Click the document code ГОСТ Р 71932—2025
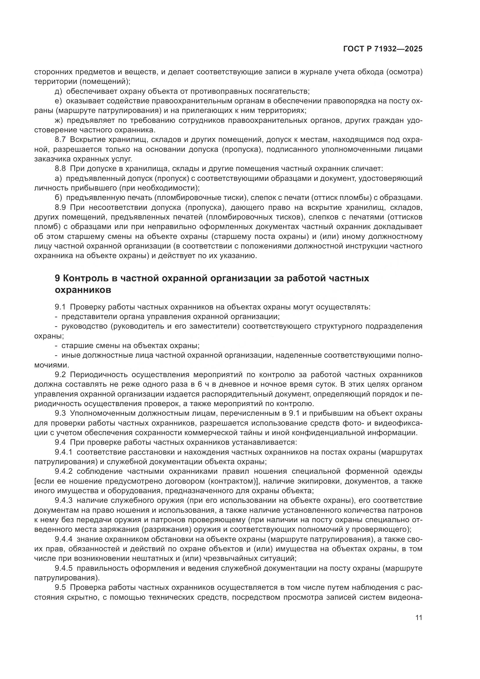point(383,49)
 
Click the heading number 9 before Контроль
point(58,279)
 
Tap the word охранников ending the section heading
point(83,290)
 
